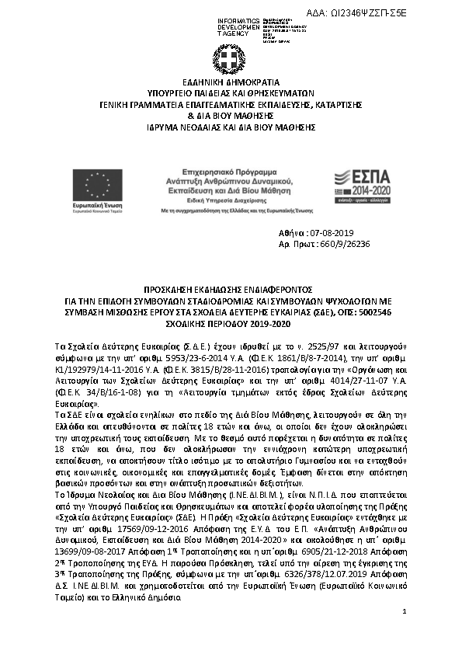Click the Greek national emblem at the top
pyautogui.click(x=231, y=59)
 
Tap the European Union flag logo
pyautogui.click(x=98, y=185)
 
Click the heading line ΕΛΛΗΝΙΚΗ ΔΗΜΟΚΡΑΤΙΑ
pyautogui.click(x=231, y=81)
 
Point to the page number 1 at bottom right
pyautogui.click(x=405, y=635)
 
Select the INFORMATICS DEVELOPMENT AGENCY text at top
pyautogui.click(x=238, y=26)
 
